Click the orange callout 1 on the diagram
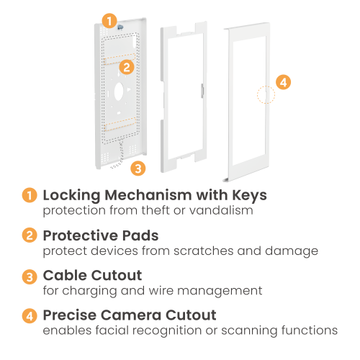click(x=109, y=21)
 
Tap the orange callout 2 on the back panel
click(x=127, y=67)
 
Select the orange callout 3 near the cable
click(x=138, y=168)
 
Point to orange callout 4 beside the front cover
click(x=284, y=82)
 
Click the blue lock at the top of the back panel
click(x=120, y=27)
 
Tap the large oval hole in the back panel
click(x=119, y=91)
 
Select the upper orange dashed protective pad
click(x=120, y=59)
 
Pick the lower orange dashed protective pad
click(x=120, y=124)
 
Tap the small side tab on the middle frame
click(x=202, y=91)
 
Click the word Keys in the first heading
click(x=249, y=196)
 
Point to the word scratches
click(x=204, y=251)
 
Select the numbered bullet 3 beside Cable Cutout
click(x=30, y=276)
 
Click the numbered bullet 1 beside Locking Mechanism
click(x=30, y=195)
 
